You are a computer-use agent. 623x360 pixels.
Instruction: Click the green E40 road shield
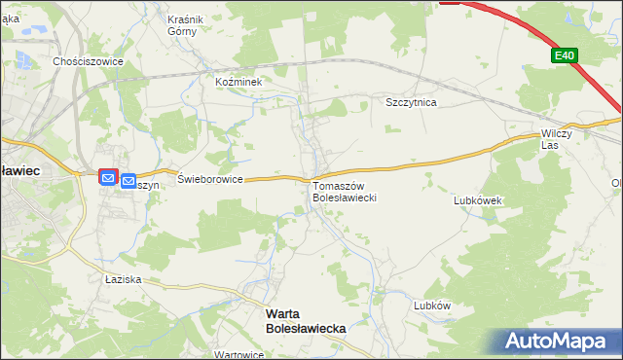click(564, 56)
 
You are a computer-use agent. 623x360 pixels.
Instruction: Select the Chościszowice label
click(88, 60)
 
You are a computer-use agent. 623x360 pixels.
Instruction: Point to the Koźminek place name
click(239, 83)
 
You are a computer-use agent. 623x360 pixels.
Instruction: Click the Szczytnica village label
click(411, 102)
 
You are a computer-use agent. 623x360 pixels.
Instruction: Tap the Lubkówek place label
click(477, 200)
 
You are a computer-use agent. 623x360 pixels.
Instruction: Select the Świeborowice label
click(210, 180)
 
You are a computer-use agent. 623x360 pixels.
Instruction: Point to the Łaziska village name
click(124, 279)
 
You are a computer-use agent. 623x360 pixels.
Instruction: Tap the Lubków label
click(431, 305)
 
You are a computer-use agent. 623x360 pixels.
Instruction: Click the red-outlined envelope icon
click(108, 179)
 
